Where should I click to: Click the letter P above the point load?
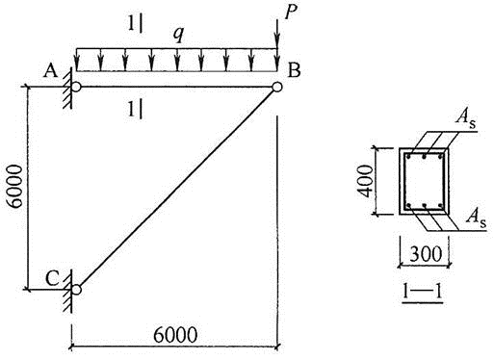291,13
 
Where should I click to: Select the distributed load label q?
178,35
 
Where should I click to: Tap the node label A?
51,70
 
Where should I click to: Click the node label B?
294,70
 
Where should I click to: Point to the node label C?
52,278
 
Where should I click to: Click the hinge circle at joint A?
76,87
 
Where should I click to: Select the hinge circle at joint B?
277,87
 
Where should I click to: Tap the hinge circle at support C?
76,290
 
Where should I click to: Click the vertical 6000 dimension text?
15,187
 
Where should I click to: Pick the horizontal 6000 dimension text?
175,335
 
